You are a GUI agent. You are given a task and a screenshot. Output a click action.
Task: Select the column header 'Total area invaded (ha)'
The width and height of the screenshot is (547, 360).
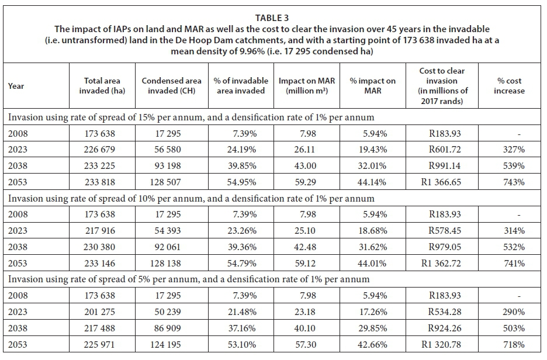(102, 86)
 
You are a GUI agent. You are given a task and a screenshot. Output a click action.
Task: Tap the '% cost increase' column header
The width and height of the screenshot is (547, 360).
(509, 86)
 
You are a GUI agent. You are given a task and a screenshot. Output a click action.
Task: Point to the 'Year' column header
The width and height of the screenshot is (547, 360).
(16, 86)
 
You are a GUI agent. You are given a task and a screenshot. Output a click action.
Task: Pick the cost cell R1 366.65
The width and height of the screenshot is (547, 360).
(443, 182)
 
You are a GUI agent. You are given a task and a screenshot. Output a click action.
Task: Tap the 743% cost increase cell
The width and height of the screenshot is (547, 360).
(513, 182)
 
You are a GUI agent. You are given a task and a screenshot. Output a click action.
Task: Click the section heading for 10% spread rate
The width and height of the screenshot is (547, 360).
(191, 199)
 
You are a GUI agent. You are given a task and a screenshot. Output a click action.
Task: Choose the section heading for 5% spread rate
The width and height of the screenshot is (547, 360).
(188, 279)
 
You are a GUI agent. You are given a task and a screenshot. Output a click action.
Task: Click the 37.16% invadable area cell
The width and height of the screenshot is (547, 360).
(242, 328)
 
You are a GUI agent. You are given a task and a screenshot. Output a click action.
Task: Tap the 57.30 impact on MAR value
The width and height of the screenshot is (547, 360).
(310, 344)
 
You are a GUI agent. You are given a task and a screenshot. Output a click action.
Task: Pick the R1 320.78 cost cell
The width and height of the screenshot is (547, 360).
(443, 344)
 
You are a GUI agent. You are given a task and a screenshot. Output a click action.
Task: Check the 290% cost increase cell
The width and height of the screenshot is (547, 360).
(513, 311)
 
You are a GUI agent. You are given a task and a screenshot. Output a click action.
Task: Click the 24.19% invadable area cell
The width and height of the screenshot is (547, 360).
(242, 150)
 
